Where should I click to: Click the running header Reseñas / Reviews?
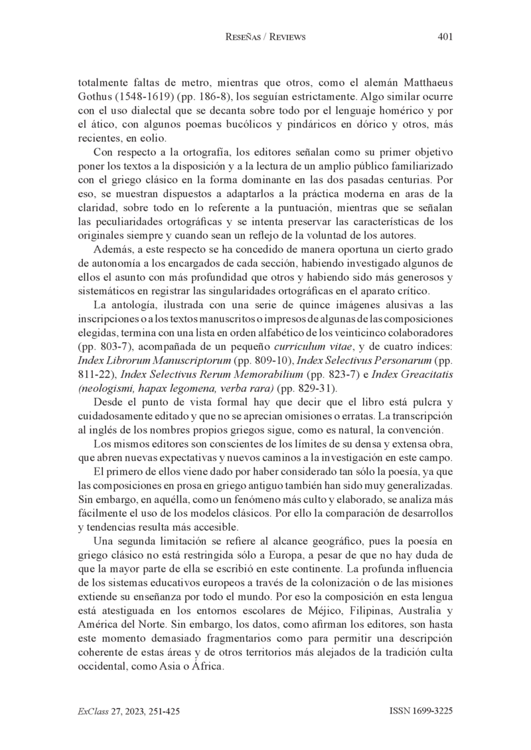pos(265,38)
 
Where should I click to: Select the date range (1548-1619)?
pos(145,97)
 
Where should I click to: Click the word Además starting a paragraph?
pos(112,242)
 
